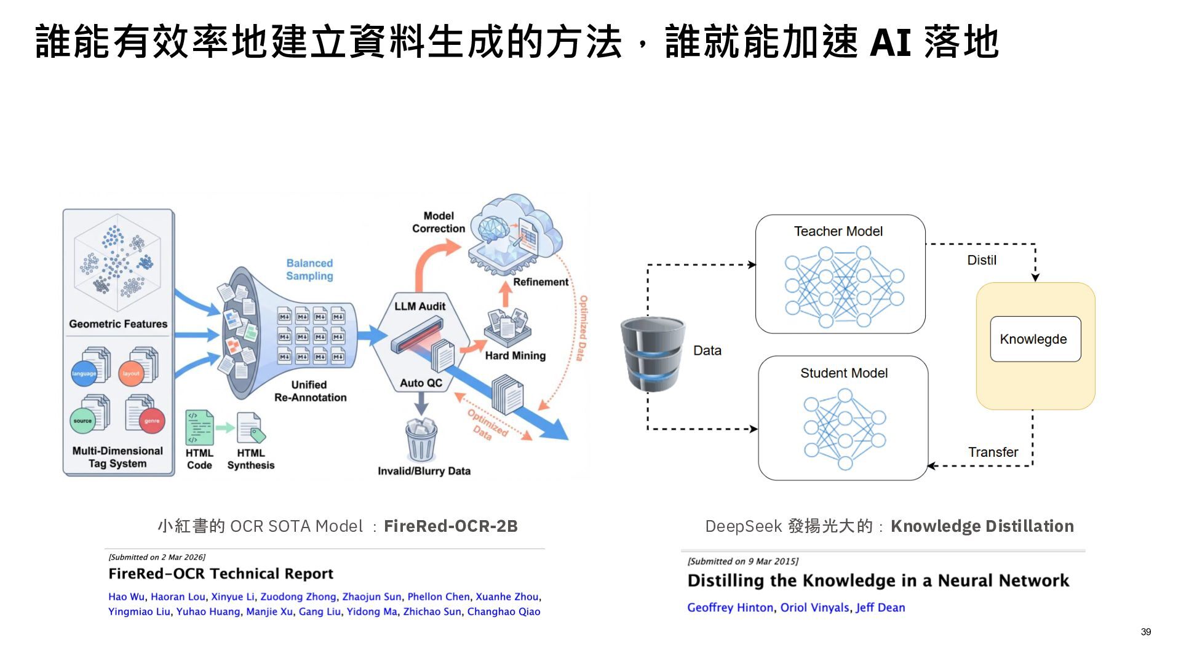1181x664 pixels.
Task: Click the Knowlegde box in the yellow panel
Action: coord(1035,339)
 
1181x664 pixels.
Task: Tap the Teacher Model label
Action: coord(838,231)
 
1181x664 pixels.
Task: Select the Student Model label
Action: coord(844,373)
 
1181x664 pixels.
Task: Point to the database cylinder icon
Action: coord(653,354)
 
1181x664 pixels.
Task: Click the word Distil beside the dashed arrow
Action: coord(982,260)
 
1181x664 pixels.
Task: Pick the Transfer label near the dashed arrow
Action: coord(993,452)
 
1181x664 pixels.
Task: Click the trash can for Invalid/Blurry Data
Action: coord(421,439)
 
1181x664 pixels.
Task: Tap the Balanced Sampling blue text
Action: coord(309,269)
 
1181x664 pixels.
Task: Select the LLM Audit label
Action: coord(420,306)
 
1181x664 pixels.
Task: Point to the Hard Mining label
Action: coord(515,355)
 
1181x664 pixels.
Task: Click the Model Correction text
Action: coord(439,222)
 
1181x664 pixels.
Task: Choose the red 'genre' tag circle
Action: coord(152,421)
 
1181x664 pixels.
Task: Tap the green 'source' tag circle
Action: coord(83,421)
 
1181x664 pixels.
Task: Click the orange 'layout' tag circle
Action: coord(131,373)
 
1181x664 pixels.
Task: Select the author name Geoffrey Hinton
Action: coord(730,607)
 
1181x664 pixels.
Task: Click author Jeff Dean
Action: coord(880,607)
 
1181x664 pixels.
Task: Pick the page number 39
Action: coord(1146,632)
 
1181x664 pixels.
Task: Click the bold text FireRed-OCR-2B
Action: coord(451,526)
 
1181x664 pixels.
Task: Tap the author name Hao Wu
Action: coord(126,596)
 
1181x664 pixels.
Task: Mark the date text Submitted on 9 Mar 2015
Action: coord(743,561)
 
